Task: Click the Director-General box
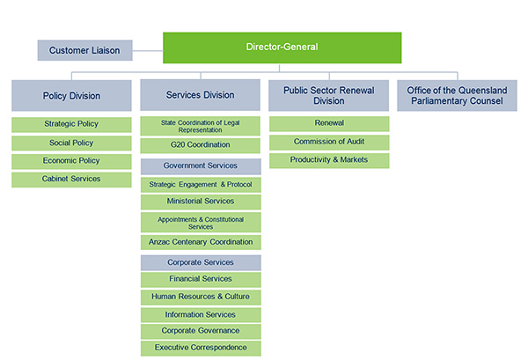(x=282, y=48)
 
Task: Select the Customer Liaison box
(x=84, y=50)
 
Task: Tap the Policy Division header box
(x=71, y=96)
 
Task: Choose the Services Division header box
(x=201, y=95)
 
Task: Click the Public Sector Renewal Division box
(x=328, y=96)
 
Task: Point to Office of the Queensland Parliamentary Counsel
(x=457, y=96)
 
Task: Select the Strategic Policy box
(x=71, y=125)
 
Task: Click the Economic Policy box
(x=71, y=161)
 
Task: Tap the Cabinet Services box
(x=71, y=180)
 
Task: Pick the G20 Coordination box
(x=201, y=146)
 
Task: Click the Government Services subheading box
(x=201, y=166)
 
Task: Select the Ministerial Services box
(x=201, y=202)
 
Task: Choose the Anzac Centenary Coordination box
(x=201, y=242)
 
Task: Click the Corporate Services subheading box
(x=201, y=262)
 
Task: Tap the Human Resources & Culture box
(x=201, y=298)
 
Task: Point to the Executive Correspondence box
(x=201, y=349)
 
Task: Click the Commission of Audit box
(x=329, y=143)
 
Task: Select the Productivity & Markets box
(x=329, y=161)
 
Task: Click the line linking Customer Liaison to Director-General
(x=148, y=51)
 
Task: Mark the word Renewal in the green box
(x=329, y=123)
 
